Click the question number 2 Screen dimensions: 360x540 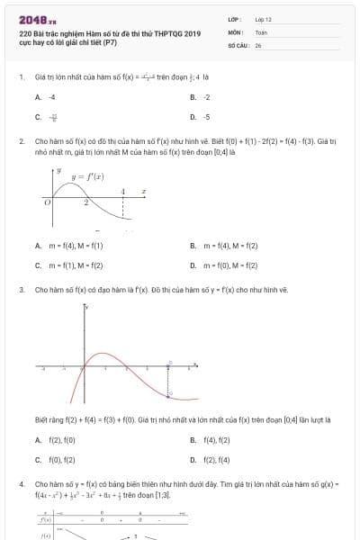[21, 141]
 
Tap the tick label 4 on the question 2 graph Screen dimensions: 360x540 [124, 191]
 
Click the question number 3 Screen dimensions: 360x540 [21, 290]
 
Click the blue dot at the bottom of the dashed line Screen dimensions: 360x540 [170, 395]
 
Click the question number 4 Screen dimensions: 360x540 [21, 484]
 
